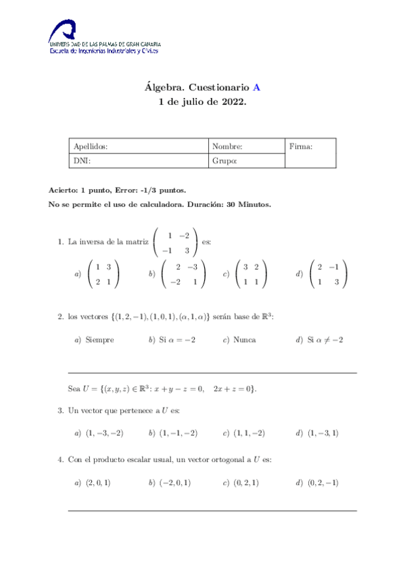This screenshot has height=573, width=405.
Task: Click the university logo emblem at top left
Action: pyautogui.click(x=65, y=32)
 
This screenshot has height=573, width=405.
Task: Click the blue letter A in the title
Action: pyautogui.click(x=256, y=87)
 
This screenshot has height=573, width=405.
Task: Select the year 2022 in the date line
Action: pyautogui.click(x=232, y=102)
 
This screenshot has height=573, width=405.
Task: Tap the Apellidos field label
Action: pyautogui.click(x=90, y=146)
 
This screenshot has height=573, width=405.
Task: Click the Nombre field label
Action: pyautogui.click(x=227, y=146)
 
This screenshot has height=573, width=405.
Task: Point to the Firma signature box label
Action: pyautogui.click(x=300, y=146)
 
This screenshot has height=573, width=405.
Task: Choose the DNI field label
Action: pyautogui.click(x=81, y=161)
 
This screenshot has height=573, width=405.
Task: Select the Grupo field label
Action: pyautogui.click(x=224, y=161)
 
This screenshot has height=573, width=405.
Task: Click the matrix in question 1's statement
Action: pyautogui.click(x=176, y=242)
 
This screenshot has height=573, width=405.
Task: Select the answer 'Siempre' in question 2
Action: pyautogui.click(x=99, y=340)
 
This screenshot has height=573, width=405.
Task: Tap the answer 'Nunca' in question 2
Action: pyautogui.click(x=244, y=340)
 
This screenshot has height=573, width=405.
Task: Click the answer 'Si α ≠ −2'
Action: pyautogui.click(x=325, y=340)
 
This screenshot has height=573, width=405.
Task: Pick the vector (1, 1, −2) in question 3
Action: pyautogui.click(x=249, y=432)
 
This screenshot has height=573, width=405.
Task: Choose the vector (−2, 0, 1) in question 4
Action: pyautogui.click(x=174, y=482)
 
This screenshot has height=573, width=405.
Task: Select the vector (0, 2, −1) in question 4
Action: pyautogui.click(x=323, y=482)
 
